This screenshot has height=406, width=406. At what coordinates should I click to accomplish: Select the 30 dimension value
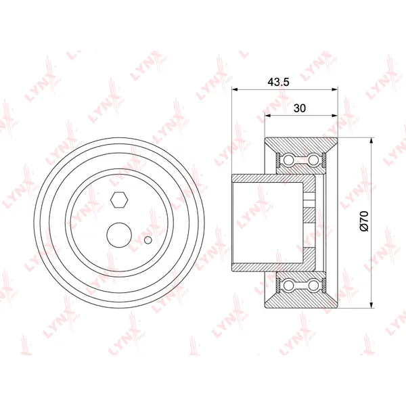pos(300,108)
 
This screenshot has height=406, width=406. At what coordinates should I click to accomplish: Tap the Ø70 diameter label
pos(364,221)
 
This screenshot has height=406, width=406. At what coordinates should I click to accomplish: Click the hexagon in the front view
pos(119,200)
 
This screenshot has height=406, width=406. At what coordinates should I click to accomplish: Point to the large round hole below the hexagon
pos(119,235)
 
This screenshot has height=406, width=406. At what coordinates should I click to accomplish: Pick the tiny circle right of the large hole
pos(148,240)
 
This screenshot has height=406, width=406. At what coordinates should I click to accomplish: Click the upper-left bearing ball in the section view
pos(288,160)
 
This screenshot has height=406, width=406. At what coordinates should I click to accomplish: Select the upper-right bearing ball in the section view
pos(313,160)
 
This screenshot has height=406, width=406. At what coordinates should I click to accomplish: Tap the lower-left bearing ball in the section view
pos(288,285)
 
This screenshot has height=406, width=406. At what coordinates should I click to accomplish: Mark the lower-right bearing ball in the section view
pos(313,285)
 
